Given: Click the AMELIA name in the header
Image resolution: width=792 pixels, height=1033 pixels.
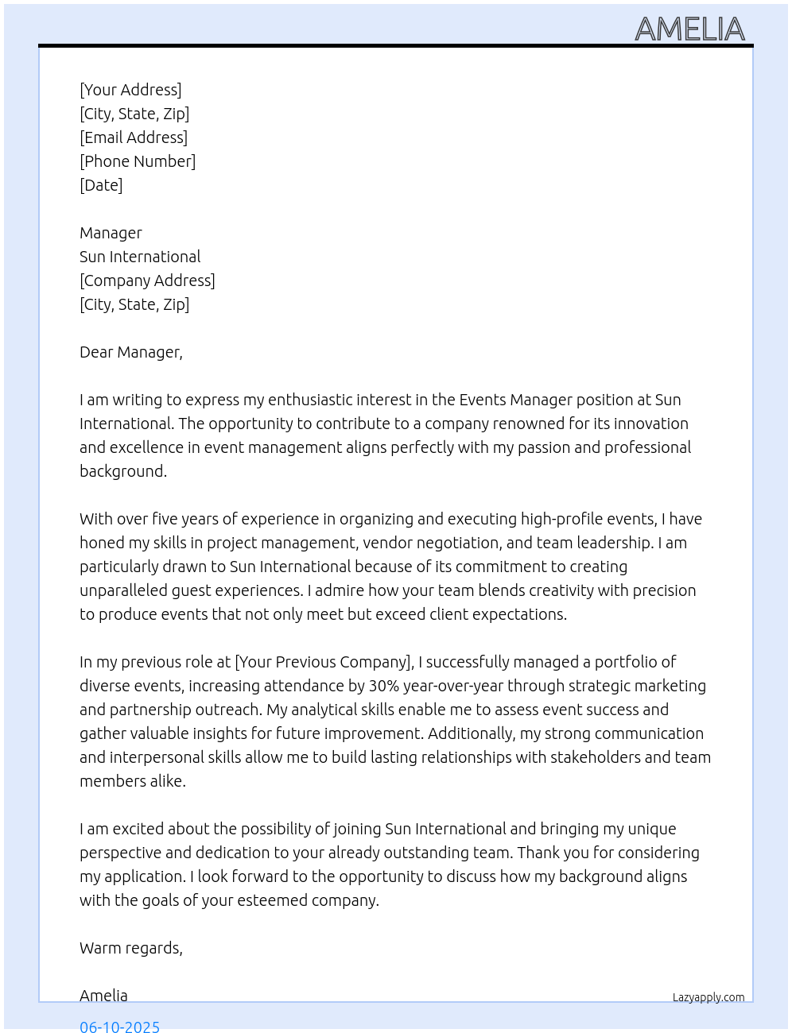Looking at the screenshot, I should (x=689, y=29).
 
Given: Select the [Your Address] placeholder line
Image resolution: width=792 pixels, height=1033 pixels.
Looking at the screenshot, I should (x=130, y=90).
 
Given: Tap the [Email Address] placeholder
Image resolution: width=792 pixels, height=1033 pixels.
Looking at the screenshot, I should (x=134, y=137).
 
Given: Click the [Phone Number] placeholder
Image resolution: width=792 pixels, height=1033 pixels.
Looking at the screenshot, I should (x=138, y=161).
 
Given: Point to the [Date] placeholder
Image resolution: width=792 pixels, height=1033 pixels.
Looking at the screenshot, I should (x=101, y=185).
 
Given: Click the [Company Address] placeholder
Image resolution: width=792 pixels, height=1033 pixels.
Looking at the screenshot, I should (x=147, y=280).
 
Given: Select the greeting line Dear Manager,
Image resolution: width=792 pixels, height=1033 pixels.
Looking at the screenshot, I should (x=131, y=352).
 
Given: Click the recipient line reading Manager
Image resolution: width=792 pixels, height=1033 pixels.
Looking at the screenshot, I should (x=111, y=233).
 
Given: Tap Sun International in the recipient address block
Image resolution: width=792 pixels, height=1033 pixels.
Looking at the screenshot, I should (x=140, y=257).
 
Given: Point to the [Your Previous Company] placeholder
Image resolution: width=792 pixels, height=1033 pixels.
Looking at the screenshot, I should (x=324, y=662).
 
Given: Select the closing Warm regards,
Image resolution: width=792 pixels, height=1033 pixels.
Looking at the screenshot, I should (x=131, y=948).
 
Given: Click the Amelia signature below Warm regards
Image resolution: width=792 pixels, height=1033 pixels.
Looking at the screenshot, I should (x=103, y=996).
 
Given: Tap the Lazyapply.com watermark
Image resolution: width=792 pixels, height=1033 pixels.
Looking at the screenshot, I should (x=709, y=997).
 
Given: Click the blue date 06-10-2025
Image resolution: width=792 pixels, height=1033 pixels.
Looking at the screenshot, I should (x=119, y=1026).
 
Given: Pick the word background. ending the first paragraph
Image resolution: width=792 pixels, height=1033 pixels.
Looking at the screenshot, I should (x=123, y=471).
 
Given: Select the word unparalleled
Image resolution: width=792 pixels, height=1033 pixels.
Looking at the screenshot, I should (x=123, y=590).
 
